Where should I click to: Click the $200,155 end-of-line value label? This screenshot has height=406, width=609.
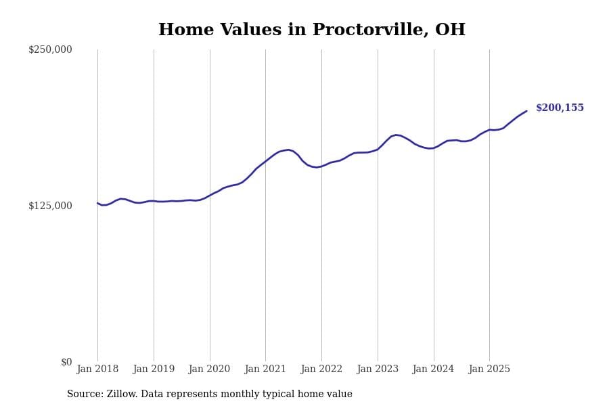560,108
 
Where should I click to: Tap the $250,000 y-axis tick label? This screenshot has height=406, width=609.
50,49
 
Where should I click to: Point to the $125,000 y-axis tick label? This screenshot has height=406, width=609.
50,206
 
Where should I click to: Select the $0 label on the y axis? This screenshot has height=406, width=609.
66,362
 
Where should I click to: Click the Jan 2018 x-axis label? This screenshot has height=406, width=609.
97,369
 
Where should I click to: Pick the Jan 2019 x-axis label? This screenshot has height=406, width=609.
154,369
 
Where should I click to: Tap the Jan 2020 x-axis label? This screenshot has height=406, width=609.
210,369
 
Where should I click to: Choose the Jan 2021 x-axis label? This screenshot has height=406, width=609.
265,369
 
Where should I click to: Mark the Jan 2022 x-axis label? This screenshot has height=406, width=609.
321,369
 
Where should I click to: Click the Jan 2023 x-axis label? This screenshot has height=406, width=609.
378,369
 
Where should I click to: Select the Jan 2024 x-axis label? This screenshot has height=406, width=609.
434,369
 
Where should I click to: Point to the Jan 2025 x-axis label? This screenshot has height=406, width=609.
489,369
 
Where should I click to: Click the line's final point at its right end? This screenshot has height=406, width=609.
526,111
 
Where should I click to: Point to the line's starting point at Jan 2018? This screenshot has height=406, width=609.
97,203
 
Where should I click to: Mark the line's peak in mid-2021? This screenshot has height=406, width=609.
288,150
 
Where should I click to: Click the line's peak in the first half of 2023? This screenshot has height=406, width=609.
397,135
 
